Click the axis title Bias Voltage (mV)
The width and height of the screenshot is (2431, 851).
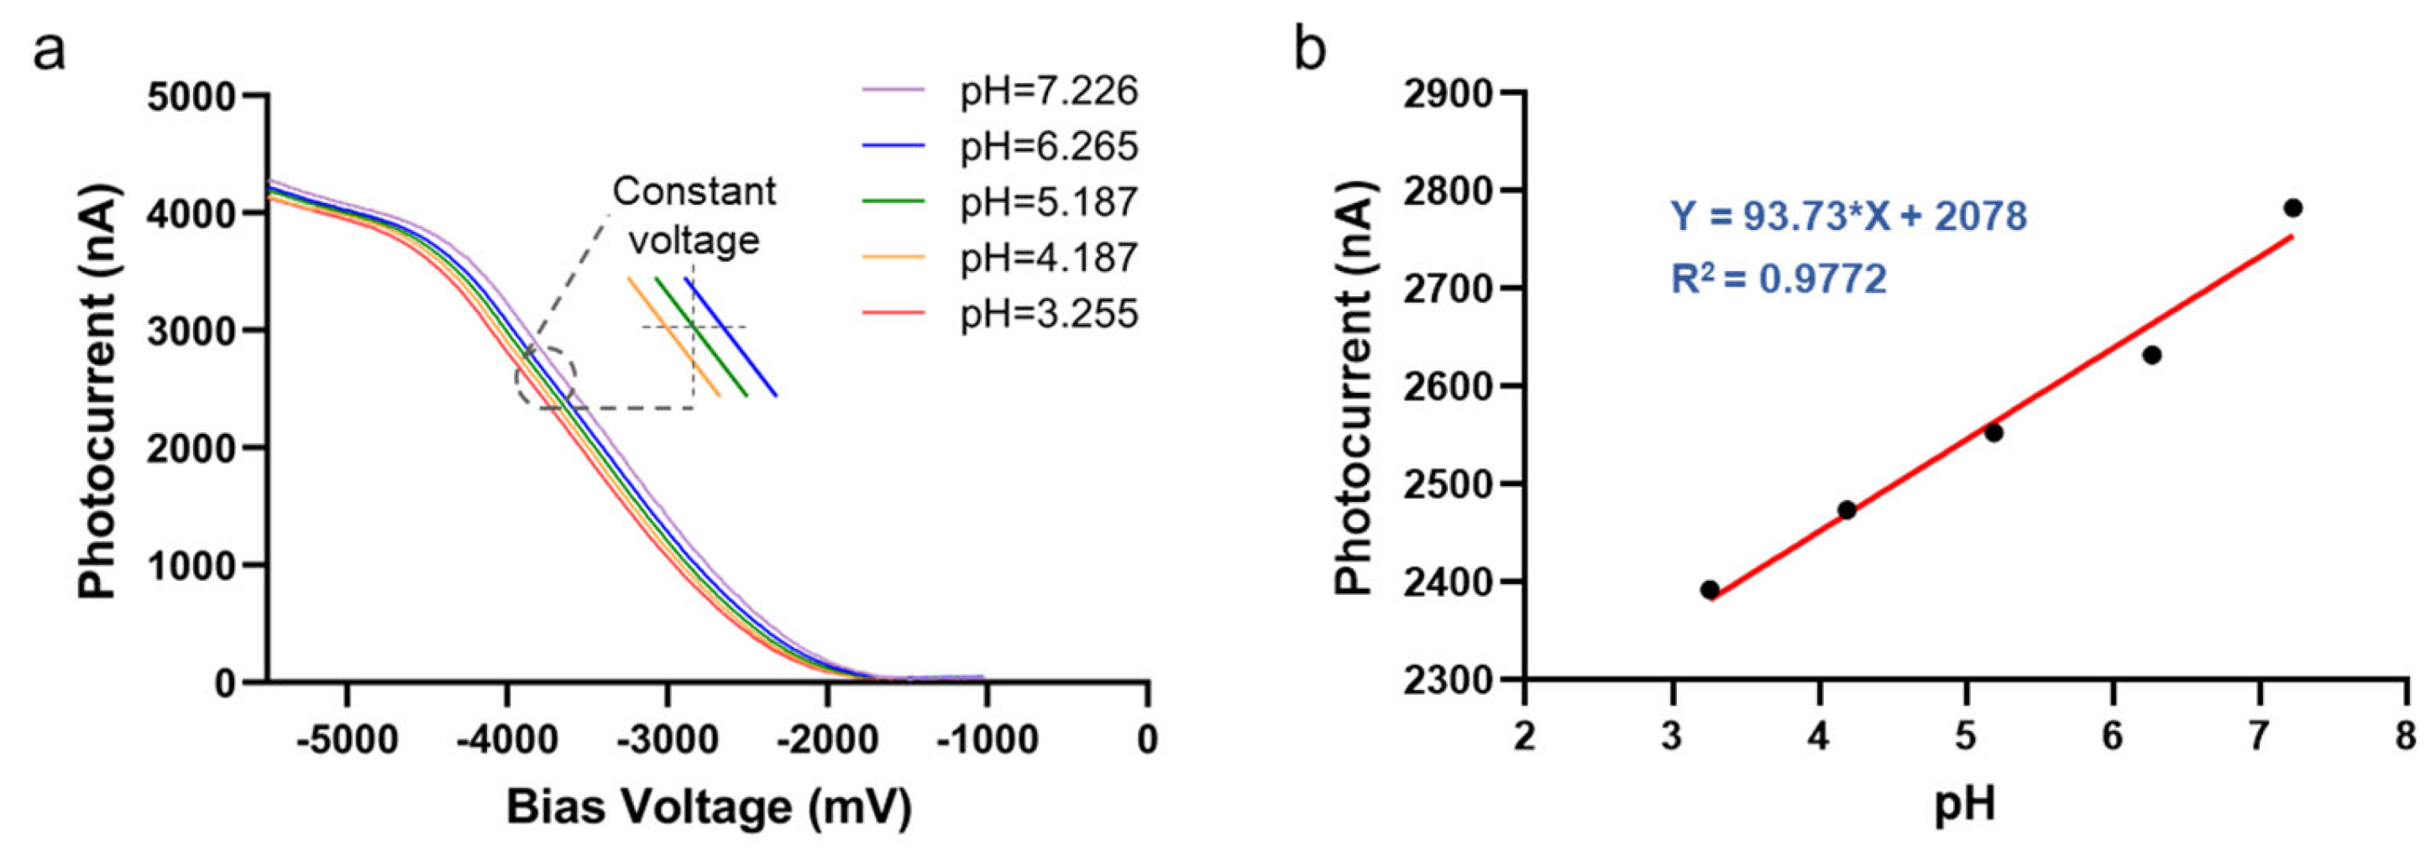(x=709, y=808)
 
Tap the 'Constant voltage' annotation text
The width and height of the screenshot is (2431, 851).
(x=694, y=215)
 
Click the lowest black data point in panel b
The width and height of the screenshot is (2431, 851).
(x=1709, y=590)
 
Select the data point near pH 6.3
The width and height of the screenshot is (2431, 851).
(x=2151, y=355)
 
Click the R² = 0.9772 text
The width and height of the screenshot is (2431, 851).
(x=1779, y=279)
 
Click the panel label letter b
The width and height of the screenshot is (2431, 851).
(x=1310, y=49)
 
